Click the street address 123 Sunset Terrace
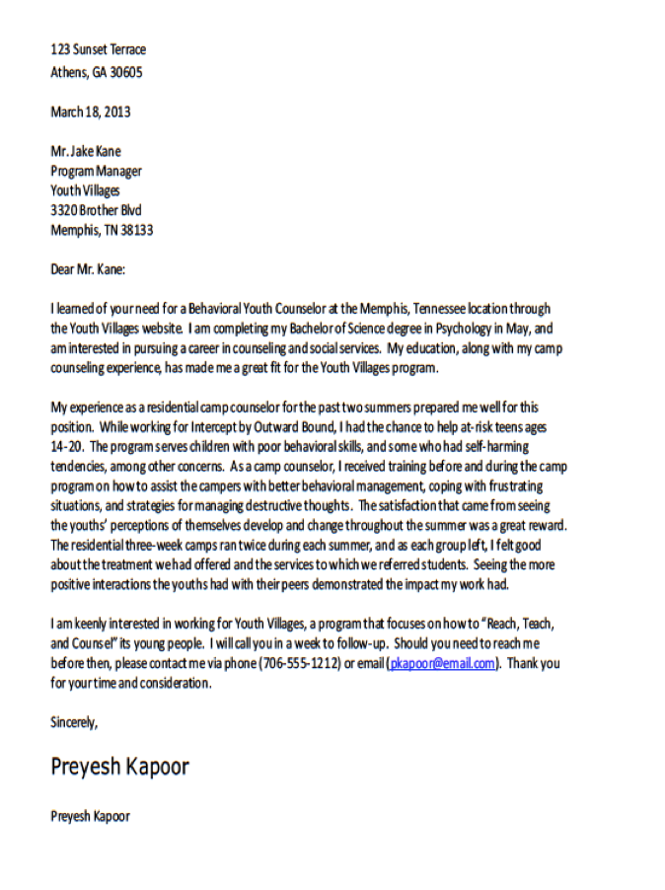(98, 49)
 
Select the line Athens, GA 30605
(96, 72)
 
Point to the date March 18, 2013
(90, 111)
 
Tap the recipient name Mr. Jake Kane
(86, 151)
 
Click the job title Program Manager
(96, 171)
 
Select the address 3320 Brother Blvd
(96, 210)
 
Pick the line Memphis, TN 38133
(102, 230)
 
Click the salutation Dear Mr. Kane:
(88, 268)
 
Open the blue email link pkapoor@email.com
(443, 663)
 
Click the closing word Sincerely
(74, 722)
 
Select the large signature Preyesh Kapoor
(119, 767)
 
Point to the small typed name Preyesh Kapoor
(90, 816)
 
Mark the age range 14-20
(66, 446)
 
